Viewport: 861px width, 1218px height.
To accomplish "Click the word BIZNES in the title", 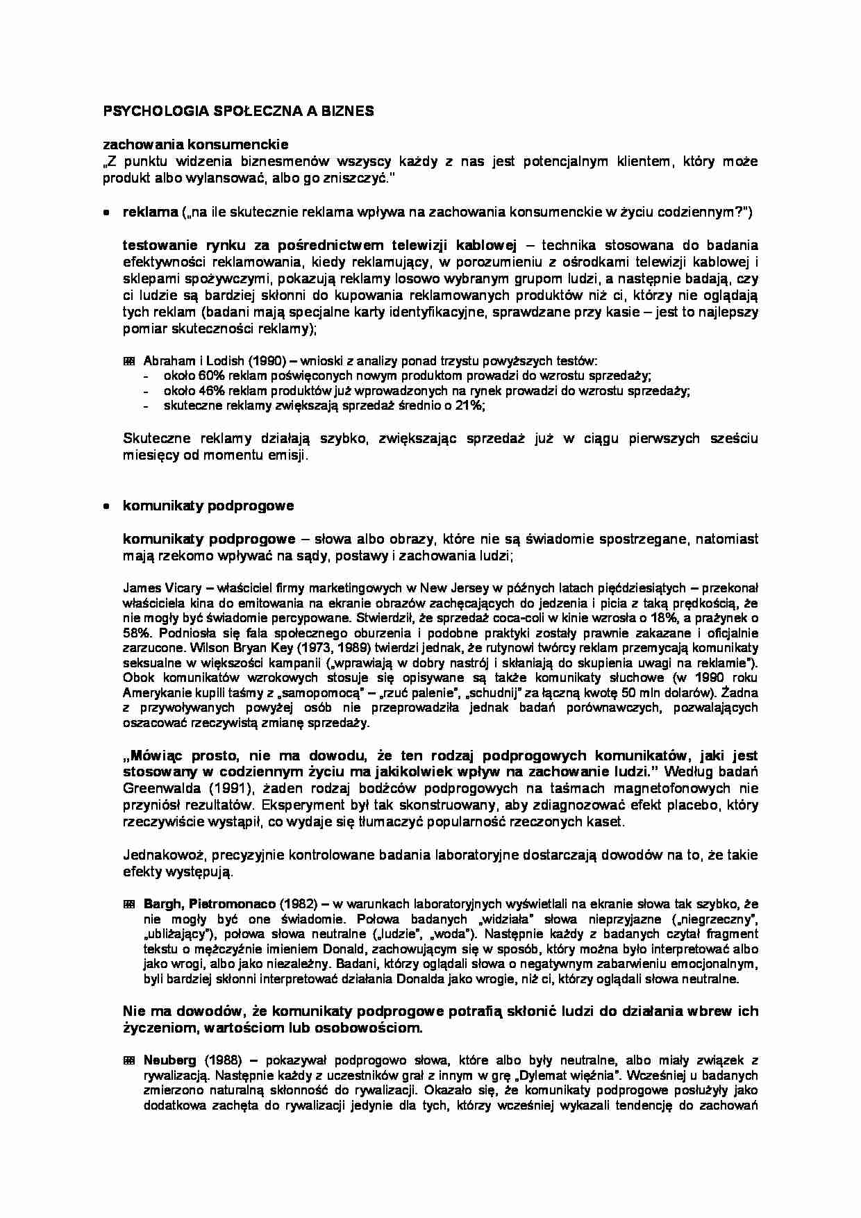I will pos(350,110).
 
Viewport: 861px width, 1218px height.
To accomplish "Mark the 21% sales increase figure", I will pos(470,406).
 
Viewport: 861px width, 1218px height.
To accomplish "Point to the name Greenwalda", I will pos(159,788).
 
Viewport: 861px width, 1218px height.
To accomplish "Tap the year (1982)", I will pos(296,904).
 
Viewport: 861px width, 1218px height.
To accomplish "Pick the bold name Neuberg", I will pos(171,1060).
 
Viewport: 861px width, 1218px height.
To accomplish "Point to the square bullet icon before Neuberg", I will pos(128,1060).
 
